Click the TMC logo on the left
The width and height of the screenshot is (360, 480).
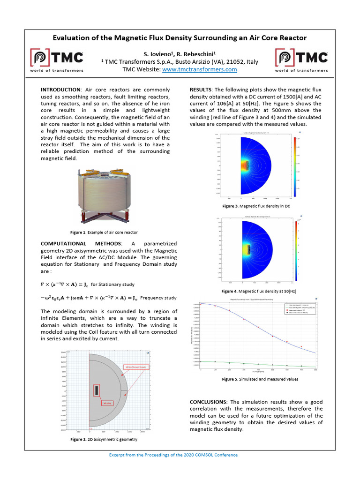click(57, 60)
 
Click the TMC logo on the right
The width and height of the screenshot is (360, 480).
click(301, 60)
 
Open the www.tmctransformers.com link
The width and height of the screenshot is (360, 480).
click(200, 69)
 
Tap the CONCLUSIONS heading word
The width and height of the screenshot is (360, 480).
click(208, 402)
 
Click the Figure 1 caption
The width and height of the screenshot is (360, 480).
click(104, 232)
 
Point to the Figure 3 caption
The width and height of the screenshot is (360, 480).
click(256, 206)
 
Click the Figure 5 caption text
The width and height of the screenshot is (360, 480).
click(260, 379)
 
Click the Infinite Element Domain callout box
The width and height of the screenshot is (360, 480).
click(136, 367)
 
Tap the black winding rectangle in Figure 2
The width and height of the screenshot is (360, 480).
click(96, 390)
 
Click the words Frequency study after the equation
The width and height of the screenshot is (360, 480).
click(158, 298)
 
